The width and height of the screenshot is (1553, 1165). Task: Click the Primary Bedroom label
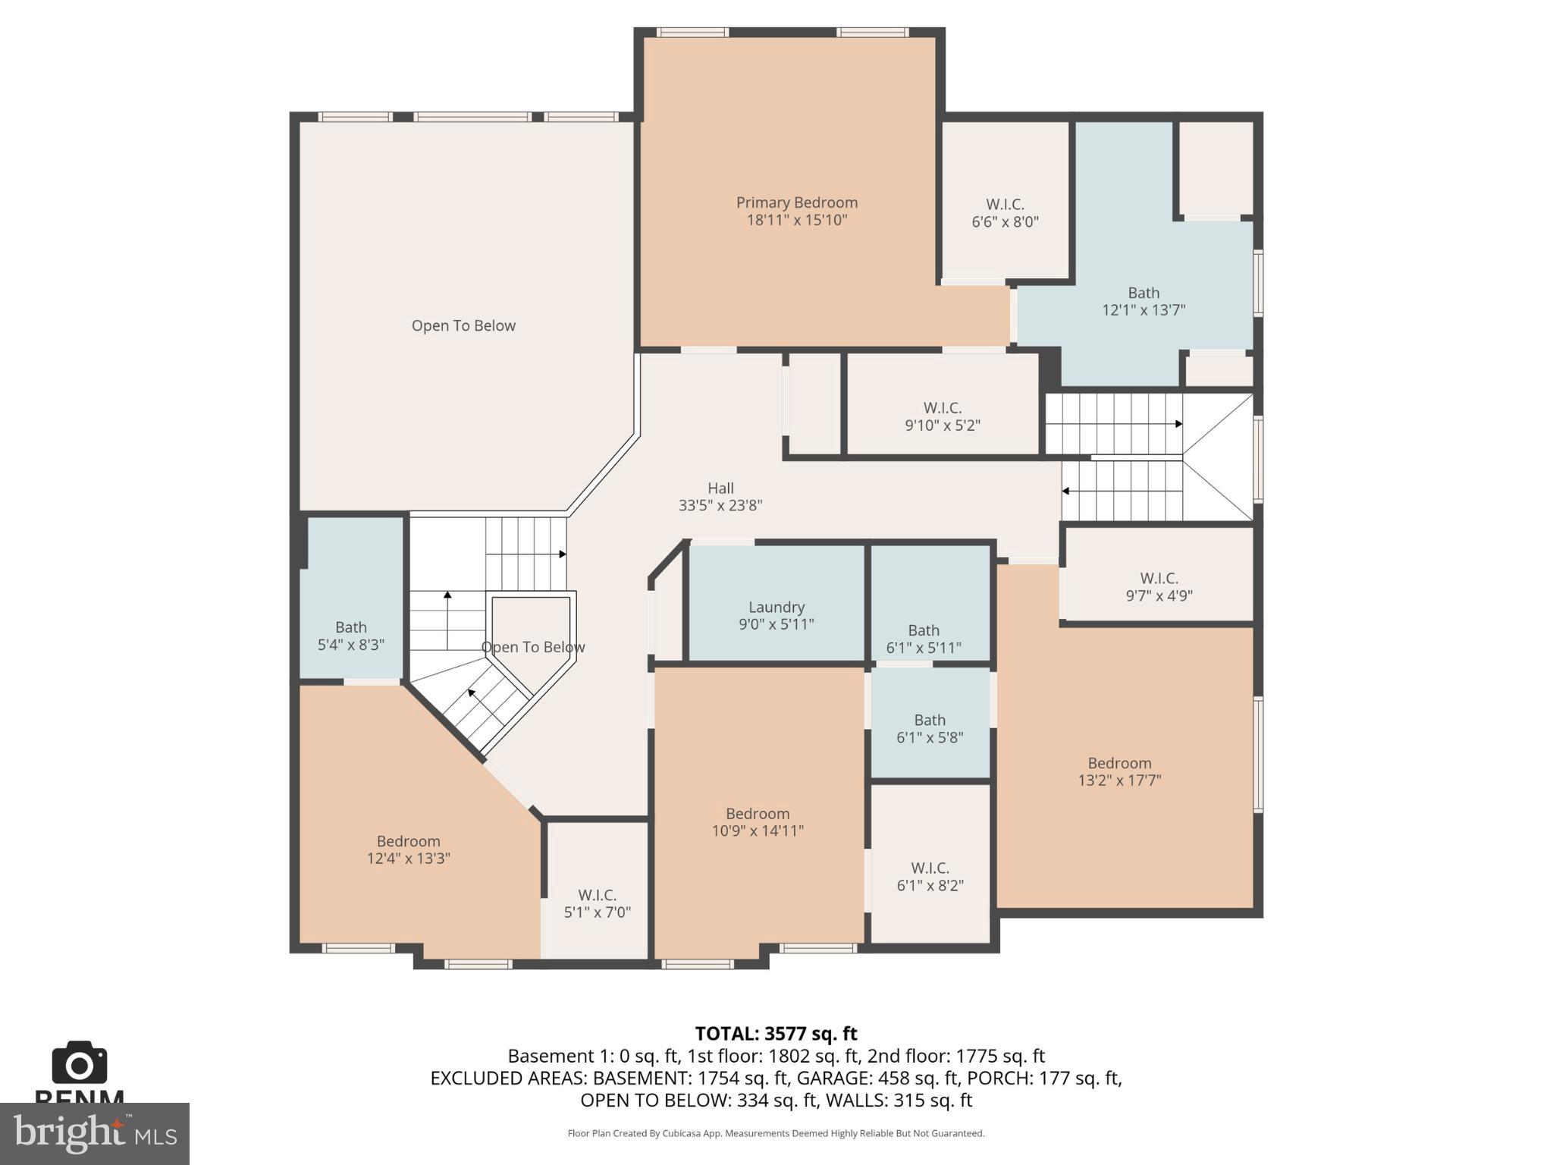(796, 203)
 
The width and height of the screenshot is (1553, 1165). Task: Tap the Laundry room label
(776, 607)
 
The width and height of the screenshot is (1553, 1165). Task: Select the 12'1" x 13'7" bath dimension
(1143, 310)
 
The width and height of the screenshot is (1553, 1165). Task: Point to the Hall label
(720, 488)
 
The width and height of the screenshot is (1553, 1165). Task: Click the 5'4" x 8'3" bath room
(350, 636)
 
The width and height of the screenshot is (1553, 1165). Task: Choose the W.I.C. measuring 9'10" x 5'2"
(942, 416)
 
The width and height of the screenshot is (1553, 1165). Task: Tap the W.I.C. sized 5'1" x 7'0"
(597, 903)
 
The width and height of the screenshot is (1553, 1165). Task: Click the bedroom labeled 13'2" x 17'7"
(1119, 771)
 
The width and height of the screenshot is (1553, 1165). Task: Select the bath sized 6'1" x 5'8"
(930, 728)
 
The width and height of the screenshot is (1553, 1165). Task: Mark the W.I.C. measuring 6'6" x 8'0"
(1005, 213)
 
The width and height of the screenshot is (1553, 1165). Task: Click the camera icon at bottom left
(79, 1063)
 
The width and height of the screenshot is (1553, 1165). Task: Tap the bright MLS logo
(94, 1133)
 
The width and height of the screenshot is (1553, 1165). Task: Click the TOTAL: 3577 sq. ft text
(776, 1034)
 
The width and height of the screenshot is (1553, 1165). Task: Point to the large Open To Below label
(463, 325)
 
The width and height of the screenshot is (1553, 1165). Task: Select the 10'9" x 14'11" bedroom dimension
(757, 831)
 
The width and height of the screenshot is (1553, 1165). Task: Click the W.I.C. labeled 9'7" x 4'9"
(1159, 587)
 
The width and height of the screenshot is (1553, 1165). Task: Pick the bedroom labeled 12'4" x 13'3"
(408, 849)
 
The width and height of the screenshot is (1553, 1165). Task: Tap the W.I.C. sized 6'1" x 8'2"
(930, 877)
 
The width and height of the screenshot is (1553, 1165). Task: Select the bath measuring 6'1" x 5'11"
(924, 639)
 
